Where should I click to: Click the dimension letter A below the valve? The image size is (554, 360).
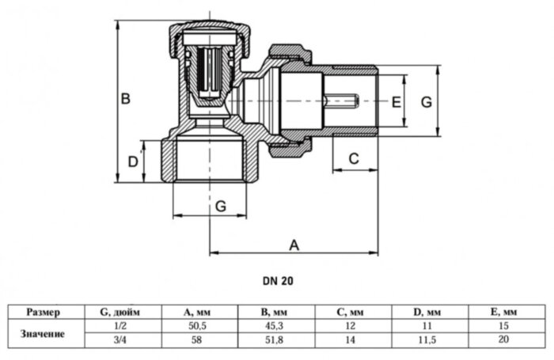point(294,244)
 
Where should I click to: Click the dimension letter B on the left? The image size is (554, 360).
point(125,100)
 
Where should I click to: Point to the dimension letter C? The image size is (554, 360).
point(354,159)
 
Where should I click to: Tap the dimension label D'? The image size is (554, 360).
point(134,165)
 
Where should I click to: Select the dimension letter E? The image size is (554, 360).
point(397,102)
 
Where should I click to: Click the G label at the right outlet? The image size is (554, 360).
point(425,102)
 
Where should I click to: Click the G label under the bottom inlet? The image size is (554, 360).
point(221,206)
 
